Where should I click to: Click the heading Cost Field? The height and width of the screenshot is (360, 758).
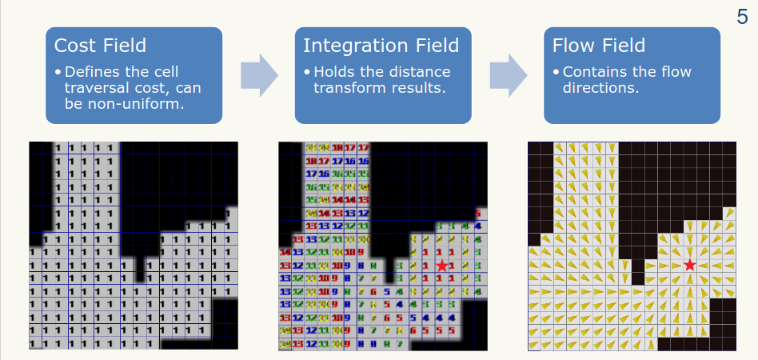100,46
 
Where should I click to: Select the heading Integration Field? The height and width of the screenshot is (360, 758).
381,46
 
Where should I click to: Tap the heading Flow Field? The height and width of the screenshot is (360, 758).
598,46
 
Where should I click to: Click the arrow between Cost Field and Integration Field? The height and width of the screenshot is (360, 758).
259,75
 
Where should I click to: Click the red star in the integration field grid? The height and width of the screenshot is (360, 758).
441,265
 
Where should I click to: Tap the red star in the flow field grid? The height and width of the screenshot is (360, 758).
690,265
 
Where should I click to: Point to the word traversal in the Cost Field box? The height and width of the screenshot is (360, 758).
96,88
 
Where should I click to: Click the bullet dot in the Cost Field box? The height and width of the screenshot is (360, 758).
58,72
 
